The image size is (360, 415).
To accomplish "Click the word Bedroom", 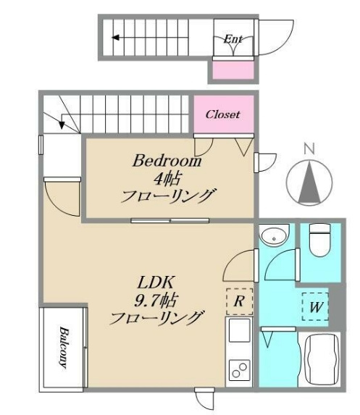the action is pos(167,161).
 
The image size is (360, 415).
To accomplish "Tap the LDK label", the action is pos(156,282).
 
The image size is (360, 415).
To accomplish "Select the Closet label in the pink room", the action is pos(223,114).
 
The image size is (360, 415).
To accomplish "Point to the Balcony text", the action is pos(64,348).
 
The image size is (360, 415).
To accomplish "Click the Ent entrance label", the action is pos(233,39).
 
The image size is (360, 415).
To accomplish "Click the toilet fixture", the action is pos(319,240).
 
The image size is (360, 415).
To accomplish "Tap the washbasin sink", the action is pos(274,235).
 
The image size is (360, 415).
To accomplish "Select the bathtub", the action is pos(322,360).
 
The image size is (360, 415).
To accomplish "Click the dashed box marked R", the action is pos(239,301).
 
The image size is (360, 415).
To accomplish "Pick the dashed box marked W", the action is pos(316,306).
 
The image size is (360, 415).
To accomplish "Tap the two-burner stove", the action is pos(239,370).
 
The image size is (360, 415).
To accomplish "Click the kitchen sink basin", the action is pos(239,330).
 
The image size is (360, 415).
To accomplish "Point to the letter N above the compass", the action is pos(309,148).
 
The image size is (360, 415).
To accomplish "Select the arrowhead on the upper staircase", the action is pos(115,38).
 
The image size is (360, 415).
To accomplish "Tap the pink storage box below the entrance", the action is pos(233,70).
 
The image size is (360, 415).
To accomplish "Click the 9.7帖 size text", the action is pos(156,300).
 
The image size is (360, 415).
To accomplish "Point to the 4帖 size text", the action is pos(167,178).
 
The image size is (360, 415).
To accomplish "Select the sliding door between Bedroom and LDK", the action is pos(170,220).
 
